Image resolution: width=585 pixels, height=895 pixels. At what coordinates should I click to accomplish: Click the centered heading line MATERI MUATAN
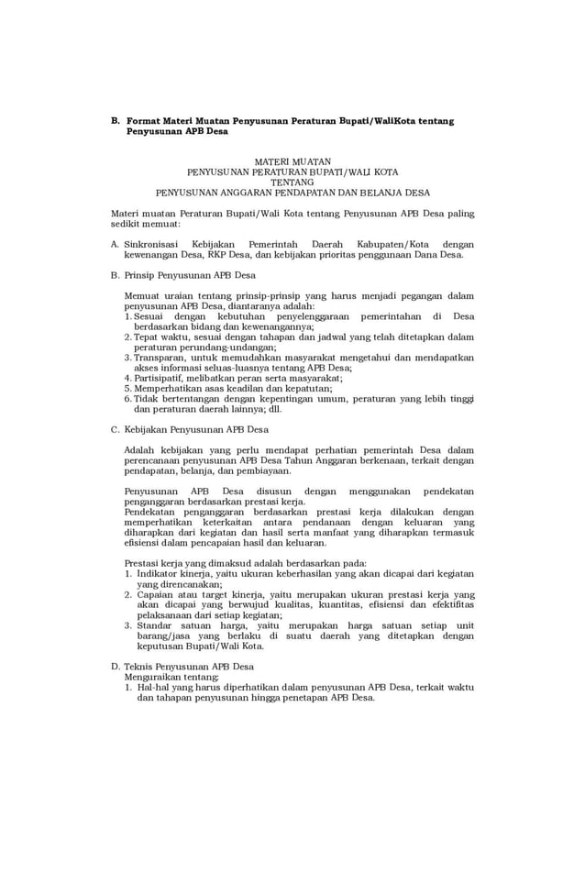point(292,160)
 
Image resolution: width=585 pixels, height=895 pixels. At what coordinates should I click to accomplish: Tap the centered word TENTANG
point(292,182)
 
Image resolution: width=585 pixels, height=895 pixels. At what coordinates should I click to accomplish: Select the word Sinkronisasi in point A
point(152,245)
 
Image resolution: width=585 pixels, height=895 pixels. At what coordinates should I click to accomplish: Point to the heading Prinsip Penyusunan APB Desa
point(190,275)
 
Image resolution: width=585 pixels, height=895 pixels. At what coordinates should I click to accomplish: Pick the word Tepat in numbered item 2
point(147,337)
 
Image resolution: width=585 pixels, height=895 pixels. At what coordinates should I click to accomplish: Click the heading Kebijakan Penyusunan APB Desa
point(195,429)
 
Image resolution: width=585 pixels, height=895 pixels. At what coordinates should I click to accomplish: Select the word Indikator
point(158,573)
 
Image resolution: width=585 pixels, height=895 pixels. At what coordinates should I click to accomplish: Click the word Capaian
point(156,594)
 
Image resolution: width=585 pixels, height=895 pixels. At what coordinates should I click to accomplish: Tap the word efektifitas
point(450,604)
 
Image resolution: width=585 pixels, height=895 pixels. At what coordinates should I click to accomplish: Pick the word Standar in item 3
point(156,625)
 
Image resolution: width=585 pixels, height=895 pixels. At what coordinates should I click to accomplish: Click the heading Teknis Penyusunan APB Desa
point(189,667)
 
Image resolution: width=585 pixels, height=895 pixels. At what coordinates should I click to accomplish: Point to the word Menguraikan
point(153,677)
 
